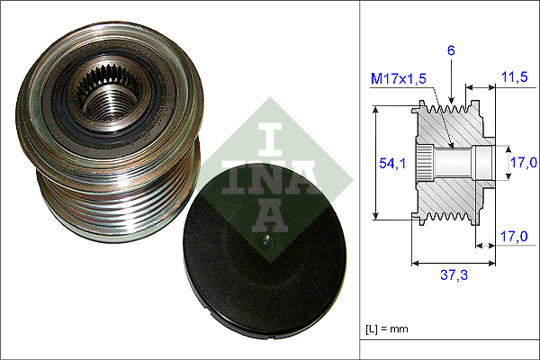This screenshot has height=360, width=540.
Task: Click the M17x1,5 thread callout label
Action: tap(399, 79)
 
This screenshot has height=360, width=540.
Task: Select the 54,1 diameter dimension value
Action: tap(392, 163)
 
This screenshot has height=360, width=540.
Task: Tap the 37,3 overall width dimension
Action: tap(454, 274)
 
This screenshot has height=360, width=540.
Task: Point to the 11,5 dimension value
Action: tap(514, 76)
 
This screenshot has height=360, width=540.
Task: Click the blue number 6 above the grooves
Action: tap(451, 50)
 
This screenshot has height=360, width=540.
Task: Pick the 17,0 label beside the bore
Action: tap(524, 162)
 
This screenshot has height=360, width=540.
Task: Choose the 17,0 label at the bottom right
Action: tap(514, 237)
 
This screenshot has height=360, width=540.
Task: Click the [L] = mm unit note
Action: tap(387, 328)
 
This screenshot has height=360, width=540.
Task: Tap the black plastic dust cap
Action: tap(265, 251)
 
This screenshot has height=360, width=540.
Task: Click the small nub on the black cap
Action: tap(265, 240)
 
